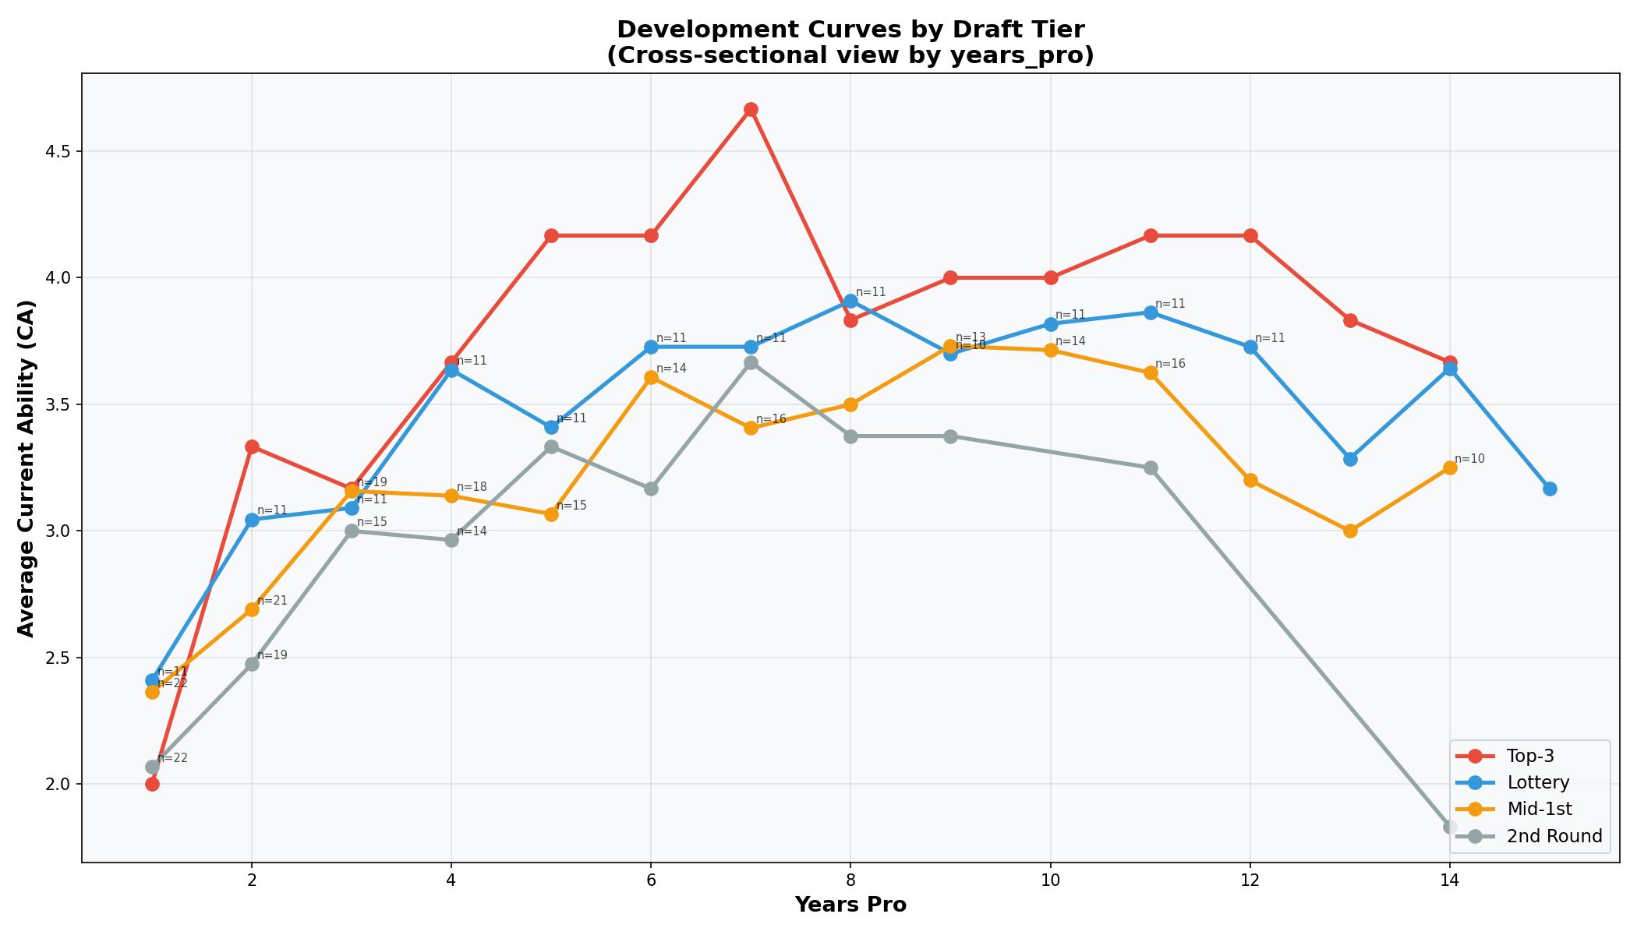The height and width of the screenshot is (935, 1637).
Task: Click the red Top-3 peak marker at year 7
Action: tap(751, 110)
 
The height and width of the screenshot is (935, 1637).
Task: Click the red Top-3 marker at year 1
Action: tap(152, 784)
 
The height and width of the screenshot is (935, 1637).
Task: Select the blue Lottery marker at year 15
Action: tap(1550, 489)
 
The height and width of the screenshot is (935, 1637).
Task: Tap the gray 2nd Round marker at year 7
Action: tap(751, 363)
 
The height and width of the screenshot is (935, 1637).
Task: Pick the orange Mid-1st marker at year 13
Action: tap(1350, 531)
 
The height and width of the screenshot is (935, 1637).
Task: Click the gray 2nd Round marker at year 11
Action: tap(1151, 467)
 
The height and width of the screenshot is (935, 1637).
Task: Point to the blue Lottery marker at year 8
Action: tap(850, 301)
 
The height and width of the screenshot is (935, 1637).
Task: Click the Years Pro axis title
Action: tap(850, 905)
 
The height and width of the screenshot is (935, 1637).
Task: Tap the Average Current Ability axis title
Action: tap(27, 467)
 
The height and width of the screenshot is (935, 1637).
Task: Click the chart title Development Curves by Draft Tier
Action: tap(850, 30)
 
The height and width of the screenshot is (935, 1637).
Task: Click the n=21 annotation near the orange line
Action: tap(272, 601)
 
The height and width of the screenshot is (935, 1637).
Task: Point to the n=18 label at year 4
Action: tap(472, 487)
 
